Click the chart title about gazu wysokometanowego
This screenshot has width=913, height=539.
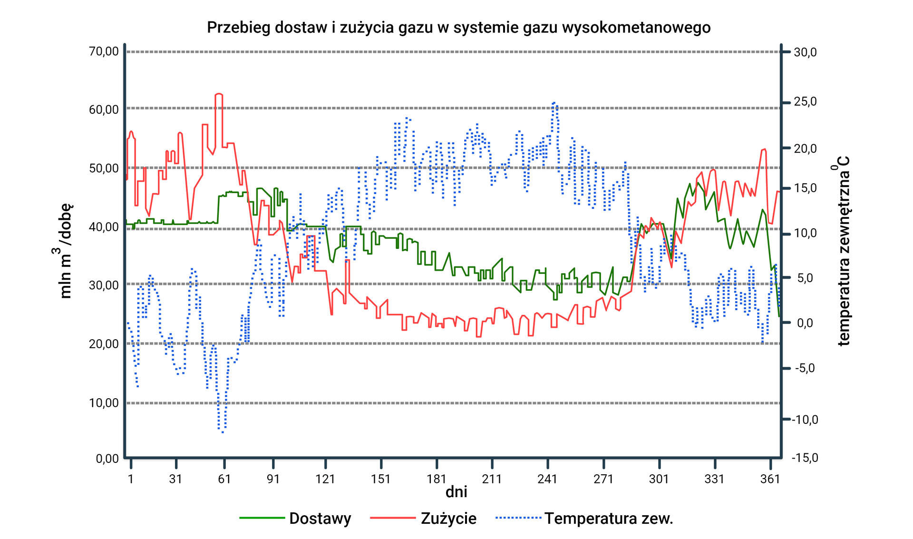(x=458, y=27)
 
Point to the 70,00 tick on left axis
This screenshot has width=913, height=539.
(x=104, y=51)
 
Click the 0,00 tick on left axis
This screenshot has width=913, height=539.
(x=107, y=459)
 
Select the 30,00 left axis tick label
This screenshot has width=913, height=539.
(x=104, y=285)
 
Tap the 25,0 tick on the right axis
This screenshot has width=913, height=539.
(x=806, y=101)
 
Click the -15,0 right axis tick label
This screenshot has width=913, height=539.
(x=805, y=458)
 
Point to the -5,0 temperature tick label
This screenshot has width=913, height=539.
(x=805, y=368)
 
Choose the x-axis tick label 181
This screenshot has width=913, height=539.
(x=437, y=479)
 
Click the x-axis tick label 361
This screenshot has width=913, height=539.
(x=770, y=479)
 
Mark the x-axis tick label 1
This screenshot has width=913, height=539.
(x=131, y=479)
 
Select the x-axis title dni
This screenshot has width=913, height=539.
(x=456, y=492)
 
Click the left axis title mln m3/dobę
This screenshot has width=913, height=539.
(x=64, y=250)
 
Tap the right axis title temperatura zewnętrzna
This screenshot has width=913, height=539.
(x=843, y=251)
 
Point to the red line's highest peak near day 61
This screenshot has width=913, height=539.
(x=219, y=94)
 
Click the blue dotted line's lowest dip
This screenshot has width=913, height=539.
(x=222, y=431)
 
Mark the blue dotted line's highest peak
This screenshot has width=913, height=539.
(x=554, y=103)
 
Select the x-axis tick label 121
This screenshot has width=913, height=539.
(x=325, y=479)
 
